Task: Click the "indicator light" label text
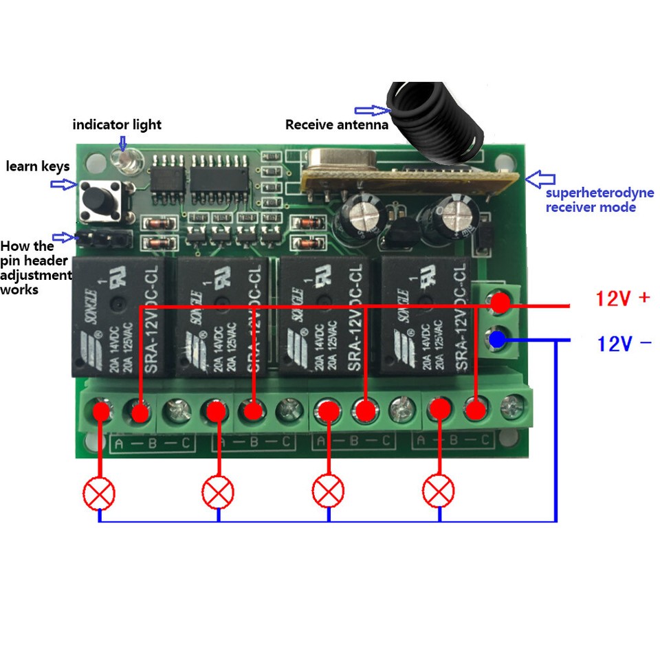[x=117, y=124]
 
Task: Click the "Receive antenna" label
[x=336, y=124]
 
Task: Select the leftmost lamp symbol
[x=99, y=492]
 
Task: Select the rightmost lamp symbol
[x=438, y=492]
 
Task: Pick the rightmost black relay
[x=426, y=317]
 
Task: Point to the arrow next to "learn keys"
[x=64, y=184]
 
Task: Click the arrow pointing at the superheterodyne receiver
[x=540, y=179]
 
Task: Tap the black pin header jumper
[x=103, y=239]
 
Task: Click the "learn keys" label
[x=38, y=166]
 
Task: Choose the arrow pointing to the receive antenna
[x=372, y=110]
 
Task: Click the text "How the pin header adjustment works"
[x=36, y=267]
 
